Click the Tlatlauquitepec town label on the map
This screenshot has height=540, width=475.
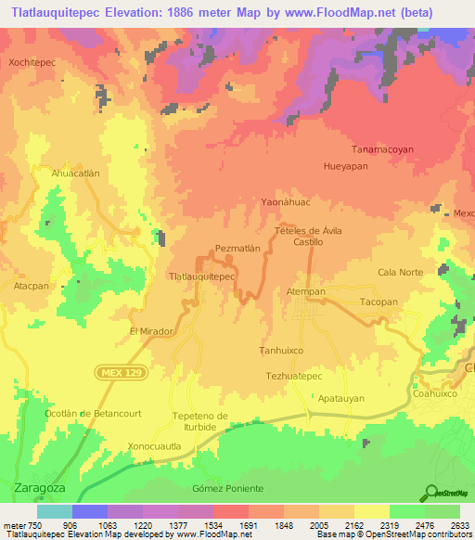pos(199,276)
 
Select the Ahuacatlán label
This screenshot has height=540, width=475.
pos(75,173)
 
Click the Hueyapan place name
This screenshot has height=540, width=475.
pos(345,168)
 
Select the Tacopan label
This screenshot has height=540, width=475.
pos(379,302)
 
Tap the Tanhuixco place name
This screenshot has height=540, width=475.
pos(281,351)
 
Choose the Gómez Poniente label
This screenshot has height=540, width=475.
pos(227,488)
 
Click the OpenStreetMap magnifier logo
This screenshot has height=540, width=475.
pos(430,494)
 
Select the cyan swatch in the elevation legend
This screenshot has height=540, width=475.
pos(55,511)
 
